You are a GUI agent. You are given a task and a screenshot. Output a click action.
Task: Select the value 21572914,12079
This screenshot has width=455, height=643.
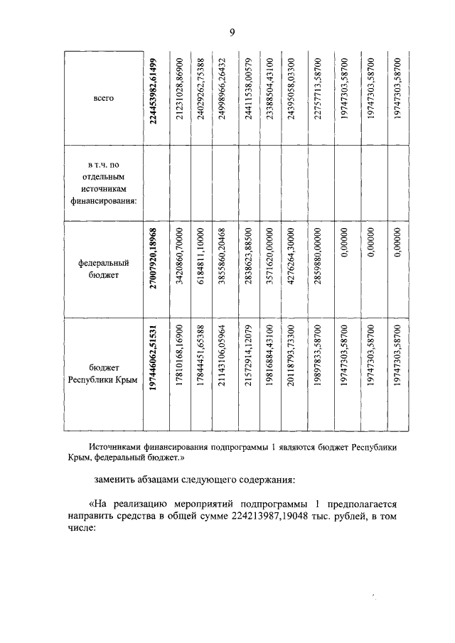click(249, 374)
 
